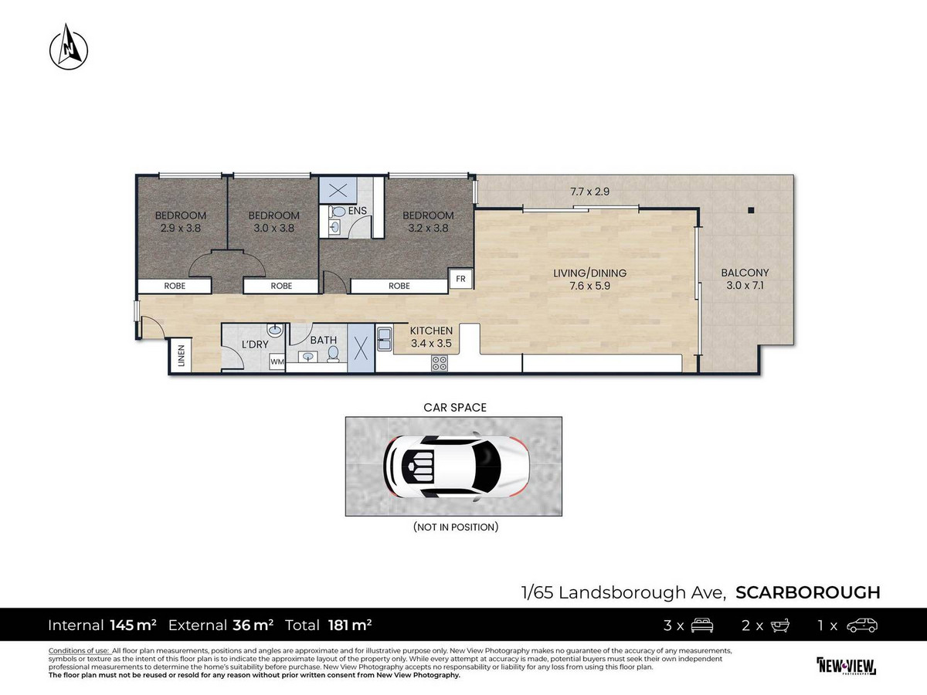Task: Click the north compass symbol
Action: coord(69,47)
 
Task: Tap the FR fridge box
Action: coord(460,279)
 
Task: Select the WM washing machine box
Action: coord(277,361)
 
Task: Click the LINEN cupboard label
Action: coord(182,355)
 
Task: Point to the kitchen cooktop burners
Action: coord(440,363)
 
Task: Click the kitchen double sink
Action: coord(384,339)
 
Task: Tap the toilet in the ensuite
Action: coord(337,211)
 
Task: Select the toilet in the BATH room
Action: coord(333,354)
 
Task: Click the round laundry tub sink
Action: coord(275,331)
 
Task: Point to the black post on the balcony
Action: coord(750,210)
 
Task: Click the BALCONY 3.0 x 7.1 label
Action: coord(745,279)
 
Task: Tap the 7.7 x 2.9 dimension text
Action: coord(590,192)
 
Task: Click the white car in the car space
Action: coord(456,466)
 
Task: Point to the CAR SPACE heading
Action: coord(455,407)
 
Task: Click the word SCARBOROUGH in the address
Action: coord(808,592)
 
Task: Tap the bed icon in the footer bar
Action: coord(701,625)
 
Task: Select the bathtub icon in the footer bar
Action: coord(779,625)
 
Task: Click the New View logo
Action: coord(846,666)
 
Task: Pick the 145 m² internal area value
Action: coord(133,625)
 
